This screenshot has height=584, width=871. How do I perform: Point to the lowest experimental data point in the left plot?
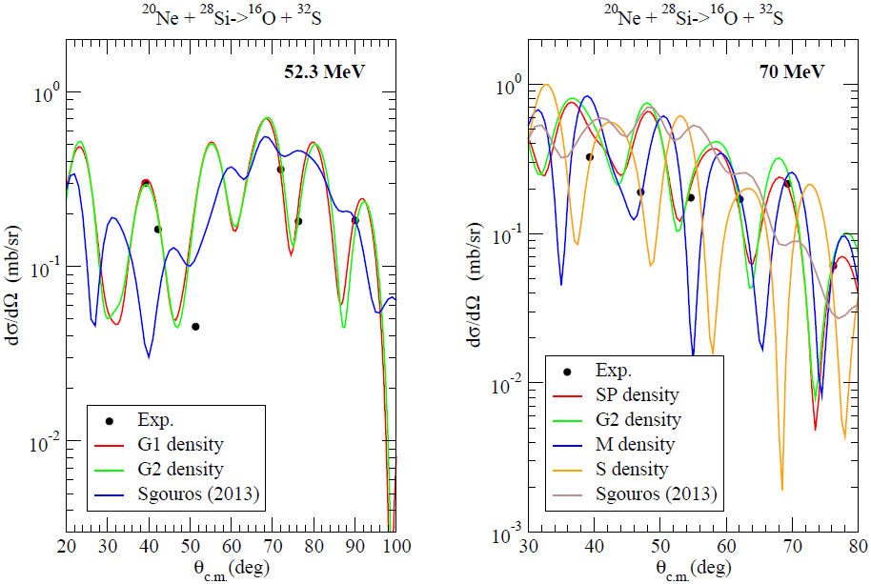click(x=195, y=327)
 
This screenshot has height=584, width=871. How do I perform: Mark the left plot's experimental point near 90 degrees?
click(x=355, y=220)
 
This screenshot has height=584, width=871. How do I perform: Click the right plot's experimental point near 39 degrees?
click(x=590, y=157)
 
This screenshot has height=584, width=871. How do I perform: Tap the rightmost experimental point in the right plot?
click(x=834, y=266)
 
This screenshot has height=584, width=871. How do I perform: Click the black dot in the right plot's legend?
click(x=570, y=370)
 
